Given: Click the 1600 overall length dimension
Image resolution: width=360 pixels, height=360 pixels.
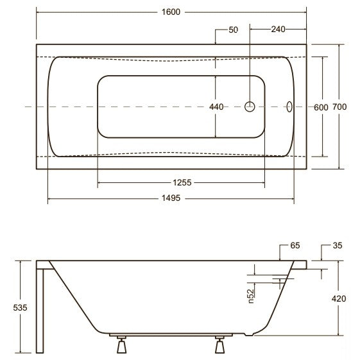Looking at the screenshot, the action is click(171, 12).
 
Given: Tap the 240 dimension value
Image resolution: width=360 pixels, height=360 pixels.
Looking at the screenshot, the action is click(278, 29).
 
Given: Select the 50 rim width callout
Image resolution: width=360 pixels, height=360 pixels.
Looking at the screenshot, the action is click(234, 30).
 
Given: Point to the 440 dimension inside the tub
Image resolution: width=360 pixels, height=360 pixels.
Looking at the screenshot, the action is click(216, 107).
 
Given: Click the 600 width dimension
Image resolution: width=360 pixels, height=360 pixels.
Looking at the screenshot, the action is click(321, 107).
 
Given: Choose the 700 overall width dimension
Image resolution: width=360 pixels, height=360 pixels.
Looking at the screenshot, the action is click(339, 107).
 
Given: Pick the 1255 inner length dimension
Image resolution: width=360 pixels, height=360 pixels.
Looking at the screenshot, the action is click(182, 182).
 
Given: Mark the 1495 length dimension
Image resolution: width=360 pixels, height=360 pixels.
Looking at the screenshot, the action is click(171, 198).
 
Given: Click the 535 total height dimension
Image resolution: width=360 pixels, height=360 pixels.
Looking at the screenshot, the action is click(20, 307).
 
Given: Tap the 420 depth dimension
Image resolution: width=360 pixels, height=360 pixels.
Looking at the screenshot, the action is click(339, 298).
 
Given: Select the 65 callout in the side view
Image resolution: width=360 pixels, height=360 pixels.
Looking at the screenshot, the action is click(295, 245).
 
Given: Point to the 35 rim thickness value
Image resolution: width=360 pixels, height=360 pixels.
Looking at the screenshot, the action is click(338, 245).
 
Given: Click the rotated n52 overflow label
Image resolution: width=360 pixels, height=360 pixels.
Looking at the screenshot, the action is click(251, 296).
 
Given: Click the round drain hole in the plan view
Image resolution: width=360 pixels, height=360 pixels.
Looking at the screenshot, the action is click(250, 107).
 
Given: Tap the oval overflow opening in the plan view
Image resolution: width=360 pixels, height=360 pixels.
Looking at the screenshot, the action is click(289, 107).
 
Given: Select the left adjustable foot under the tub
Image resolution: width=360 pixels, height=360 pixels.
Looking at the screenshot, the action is click(121, 345).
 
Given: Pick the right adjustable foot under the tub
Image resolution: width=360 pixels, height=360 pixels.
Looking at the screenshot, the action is click(219, 345).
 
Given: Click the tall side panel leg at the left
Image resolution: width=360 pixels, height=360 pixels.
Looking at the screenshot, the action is click(40, 311).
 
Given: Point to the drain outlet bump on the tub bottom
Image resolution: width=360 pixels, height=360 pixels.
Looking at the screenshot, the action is click(249, 334).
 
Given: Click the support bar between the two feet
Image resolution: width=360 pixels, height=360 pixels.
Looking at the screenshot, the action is click(171, 335).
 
